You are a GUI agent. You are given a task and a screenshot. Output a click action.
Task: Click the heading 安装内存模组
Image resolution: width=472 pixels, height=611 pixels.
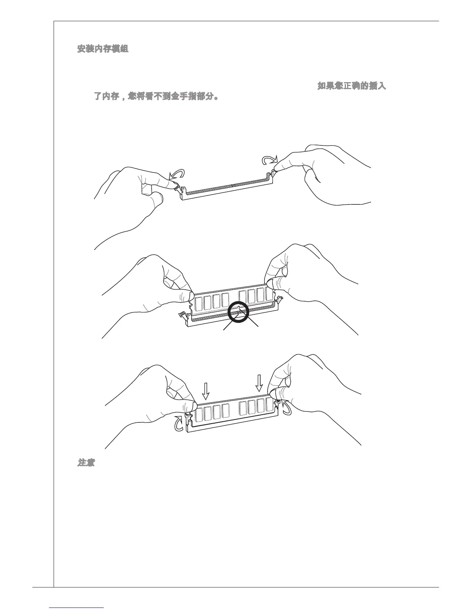(x=103, y=49)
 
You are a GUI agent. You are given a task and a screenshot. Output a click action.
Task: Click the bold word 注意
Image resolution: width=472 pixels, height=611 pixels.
(x=86, y=462)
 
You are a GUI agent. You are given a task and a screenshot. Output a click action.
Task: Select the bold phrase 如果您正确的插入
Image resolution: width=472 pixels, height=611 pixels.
(x=351, y=86)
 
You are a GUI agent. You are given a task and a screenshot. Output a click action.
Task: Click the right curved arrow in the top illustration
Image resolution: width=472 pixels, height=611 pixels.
(x=269, y=160)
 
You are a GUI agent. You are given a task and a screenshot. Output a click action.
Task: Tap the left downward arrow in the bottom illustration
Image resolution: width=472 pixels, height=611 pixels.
(x=206, y=390)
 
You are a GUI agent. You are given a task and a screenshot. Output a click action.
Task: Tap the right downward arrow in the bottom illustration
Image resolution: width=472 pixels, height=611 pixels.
(x=260, y=383)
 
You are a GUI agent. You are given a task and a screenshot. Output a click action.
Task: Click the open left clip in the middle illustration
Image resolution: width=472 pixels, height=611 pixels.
(x=182, y=315)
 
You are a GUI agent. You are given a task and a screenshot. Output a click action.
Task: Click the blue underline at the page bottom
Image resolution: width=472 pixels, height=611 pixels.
(x=77, y=608)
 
